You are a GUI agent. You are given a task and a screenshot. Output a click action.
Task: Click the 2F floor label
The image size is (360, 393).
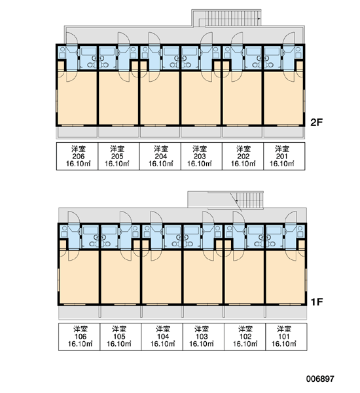(x=317, y=122)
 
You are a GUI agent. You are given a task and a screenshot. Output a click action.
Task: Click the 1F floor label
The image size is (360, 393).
(x=317, y=302)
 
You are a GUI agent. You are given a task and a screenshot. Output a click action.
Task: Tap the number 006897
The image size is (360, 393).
(x=320, y=379)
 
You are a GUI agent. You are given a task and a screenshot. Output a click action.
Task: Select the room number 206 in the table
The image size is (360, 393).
(x=79, y=157)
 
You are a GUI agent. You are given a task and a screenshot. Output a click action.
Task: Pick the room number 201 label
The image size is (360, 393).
(x=282, y=157)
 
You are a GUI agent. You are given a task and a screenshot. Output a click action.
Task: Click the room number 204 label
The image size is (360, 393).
(x=161, y=157)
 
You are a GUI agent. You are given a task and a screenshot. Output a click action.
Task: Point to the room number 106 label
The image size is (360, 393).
(x=81, y=337)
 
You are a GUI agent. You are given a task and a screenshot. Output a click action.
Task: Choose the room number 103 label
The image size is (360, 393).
(x=202, y=337)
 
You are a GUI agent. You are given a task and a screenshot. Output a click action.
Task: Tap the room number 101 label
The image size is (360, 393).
(x=284, y=337)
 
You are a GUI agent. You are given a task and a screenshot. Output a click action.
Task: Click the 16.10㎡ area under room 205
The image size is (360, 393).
(x=117, y=164)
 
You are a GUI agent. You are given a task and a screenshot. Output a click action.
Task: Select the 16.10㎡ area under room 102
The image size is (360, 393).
(x=245, y=344)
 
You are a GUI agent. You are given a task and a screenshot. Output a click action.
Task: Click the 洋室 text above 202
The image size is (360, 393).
(x=243, y=149)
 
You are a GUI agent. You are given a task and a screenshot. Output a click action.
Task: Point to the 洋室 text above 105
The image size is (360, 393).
(x=119, y=329)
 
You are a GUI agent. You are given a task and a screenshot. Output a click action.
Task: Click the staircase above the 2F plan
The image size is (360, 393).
(x=230, y=18)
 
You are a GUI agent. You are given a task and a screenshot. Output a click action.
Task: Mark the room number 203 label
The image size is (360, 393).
(x=200, y=157)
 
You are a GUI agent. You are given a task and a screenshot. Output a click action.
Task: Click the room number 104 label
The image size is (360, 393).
(x=163, y=337)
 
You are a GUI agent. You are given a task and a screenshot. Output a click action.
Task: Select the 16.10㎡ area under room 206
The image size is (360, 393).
(x=79, y=164)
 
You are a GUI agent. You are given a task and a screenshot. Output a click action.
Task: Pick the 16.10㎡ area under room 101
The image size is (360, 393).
(x=284, y=344)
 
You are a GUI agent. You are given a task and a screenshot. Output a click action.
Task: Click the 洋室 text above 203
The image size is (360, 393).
(x=200, y=149)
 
